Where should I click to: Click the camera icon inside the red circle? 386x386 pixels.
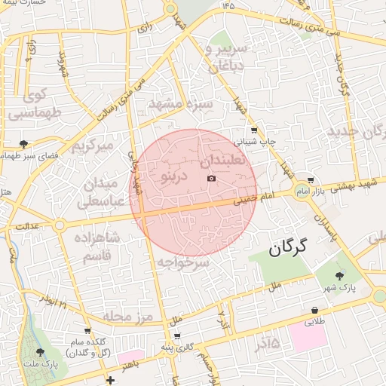210,178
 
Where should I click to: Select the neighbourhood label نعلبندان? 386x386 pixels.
224,161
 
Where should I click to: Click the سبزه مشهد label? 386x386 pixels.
180,103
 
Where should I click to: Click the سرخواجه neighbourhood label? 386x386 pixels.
183,263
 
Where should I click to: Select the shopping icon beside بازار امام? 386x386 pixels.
311,180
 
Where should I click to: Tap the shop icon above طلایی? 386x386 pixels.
314,310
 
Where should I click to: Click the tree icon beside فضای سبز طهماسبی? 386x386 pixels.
24,142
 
